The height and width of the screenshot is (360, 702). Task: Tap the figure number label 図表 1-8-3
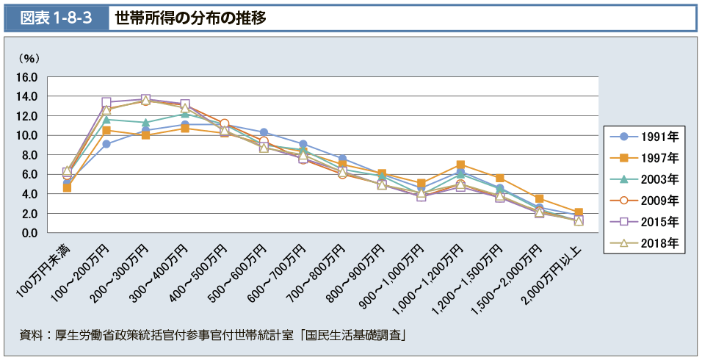[54, 18]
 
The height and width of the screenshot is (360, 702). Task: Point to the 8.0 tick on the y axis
[29, 155]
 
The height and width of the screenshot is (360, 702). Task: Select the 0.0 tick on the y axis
[29, 233]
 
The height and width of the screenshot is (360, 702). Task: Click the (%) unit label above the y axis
[29, 57]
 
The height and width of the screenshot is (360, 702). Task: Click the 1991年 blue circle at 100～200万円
[106, 144]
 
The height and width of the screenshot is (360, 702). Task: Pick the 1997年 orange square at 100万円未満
[67, 187]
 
